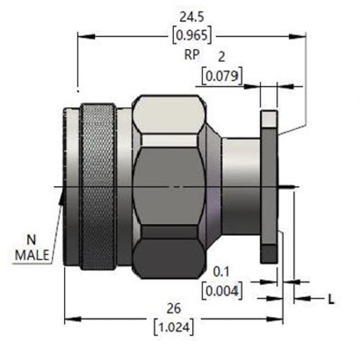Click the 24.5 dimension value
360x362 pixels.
click(192, 17)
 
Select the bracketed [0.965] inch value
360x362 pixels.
click(192, 35)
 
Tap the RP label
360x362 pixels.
click(192, 54)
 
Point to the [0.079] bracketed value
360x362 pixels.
click(222, 75)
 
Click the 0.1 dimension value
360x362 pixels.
click(221, 271)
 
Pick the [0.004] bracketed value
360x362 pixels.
click(222, 290)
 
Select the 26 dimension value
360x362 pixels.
click(174, 308)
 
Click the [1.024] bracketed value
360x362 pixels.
click(174, 327)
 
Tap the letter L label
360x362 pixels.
click(331, 299)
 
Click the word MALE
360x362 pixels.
click(32, 255)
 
